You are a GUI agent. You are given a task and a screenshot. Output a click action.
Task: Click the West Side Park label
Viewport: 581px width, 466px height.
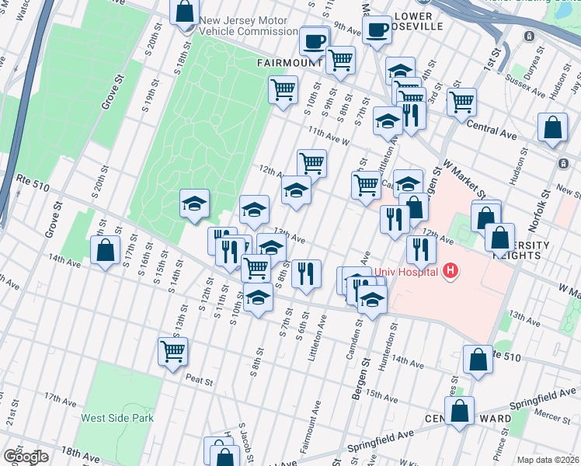point(117,418)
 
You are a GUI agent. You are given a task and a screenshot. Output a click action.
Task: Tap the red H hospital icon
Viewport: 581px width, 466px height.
point(450,272)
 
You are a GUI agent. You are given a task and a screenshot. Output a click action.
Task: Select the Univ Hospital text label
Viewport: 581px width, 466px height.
point(406,272)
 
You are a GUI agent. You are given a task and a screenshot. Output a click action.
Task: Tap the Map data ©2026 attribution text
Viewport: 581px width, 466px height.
point(547,460)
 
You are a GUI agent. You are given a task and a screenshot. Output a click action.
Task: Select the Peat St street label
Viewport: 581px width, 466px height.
point(199,378)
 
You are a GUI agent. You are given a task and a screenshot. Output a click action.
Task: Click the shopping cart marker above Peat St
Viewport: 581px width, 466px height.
point(172,350)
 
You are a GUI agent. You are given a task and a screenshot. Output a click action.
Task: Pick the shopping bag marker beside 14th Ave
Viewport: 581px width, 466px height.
point(105,251)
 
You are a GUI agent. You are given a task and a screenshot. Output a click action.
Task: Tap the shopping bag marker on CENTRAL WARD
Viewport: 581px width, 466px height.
point(460,412)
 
